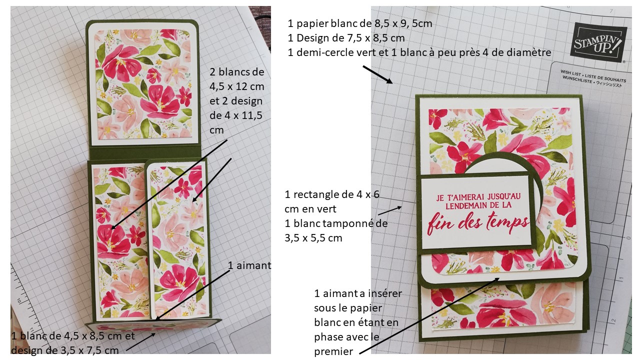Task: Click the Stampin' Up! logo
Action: point(598,41)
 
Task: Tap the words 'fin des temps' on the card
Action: point(478,222)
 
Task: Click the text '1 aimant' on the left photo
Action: point(249,265)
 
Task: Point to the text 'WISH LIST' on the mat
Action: point(571,73)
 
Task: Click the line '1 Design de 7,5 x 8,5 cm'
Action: point(346,37)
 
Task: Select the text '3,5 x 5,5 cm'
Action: point(313,237)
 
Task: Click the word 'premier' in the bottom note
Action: point(333,351)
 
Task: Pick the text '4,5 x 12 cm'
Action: point(237,86)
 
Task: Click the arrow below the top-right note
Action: point(378,74)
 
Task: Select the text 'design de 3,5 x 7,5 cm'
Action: point(65,350)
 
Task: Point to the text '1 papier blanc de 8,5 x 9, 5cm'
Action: point(360,23)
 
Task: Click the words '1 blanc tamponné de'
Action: point(336,223)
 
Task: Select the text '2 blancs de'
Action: point(237,71)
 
